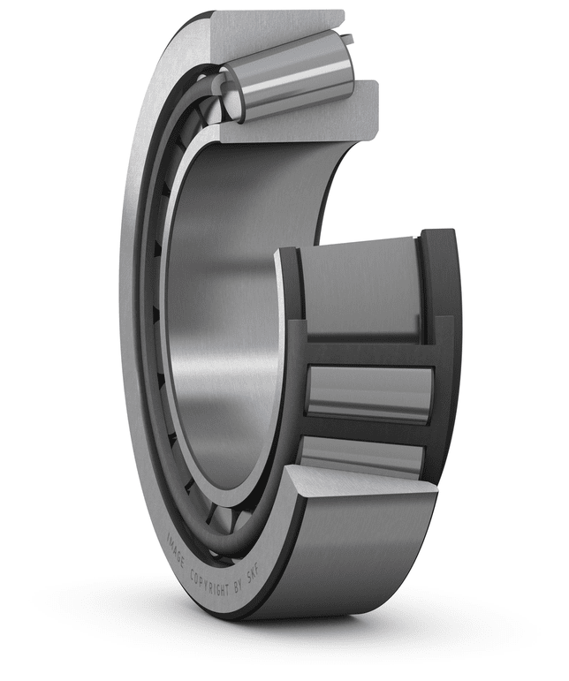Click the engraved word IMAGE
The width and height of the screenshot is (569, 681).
pyautogui.click(x=175, y=551)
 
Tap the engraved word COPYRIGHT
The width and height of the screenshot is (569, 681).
pyautogui.click(x=209, y=582)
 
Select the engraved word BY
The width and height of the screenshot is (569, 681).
pyautogui.click(x=239, y=586)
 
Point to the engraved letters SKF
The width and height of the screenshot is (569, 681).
pyautogui.click(x=254, y=575)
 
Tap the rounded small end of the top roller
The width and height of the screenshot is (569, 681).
pyautogui.click(x=231, y=94)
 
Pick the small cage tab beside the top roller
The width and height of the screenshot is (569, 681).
pyautogui.click(x=348, y=40)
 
